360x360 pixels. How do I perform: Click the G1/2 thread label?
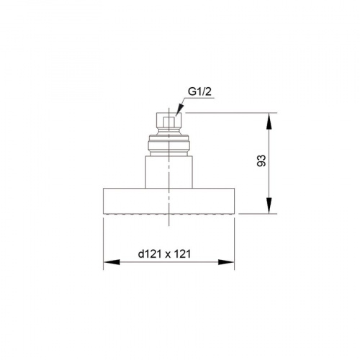point(199,91)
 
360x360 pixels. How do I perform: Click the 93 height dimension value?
point(262,161)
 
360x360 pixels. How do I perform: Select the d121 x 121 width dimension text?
point(164,254)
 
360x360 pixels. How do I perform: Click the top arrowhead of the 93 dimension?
point(269,121)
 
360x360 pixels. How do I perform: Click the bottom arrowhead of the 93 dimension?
point(269,205)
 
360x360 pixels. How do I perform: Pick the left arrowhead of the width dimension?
point(112,262)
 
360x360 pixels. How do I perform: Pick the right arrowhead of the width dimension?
point(226,262)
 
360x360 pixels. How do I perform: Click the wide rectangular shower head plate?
point(168,201)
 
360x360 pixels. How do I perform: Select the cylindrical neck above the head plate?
point(168,172)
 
